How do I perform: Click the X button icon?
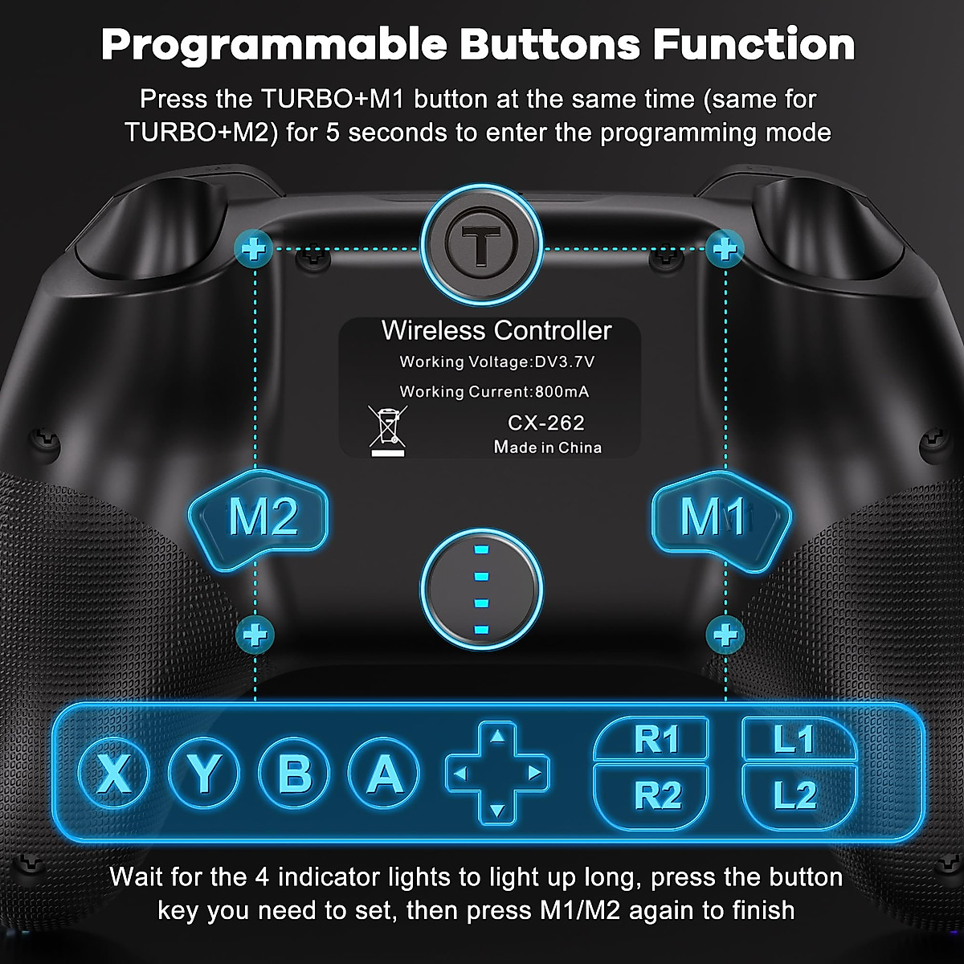click(113, 773)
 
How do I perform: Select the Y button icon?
click(203, 773)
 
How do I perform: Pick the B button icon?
click(294, 773)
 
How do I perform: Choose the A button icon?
click(384, 773)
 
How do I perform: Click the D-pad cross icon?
click(497, 773)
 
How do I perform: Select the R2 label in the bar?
click(656, 795)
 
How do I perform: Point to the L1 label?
click(793, 739)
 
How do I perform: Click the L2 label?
click(794, 795)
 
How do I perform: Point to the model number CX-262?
click(545, 423)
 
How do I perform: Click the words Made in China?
click(547, 447)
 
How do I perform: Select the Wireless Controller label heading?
click(496, 330)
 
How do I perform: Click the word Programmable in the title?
click(273, 45)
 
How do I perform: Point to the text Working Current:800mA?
click(494, 392)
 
